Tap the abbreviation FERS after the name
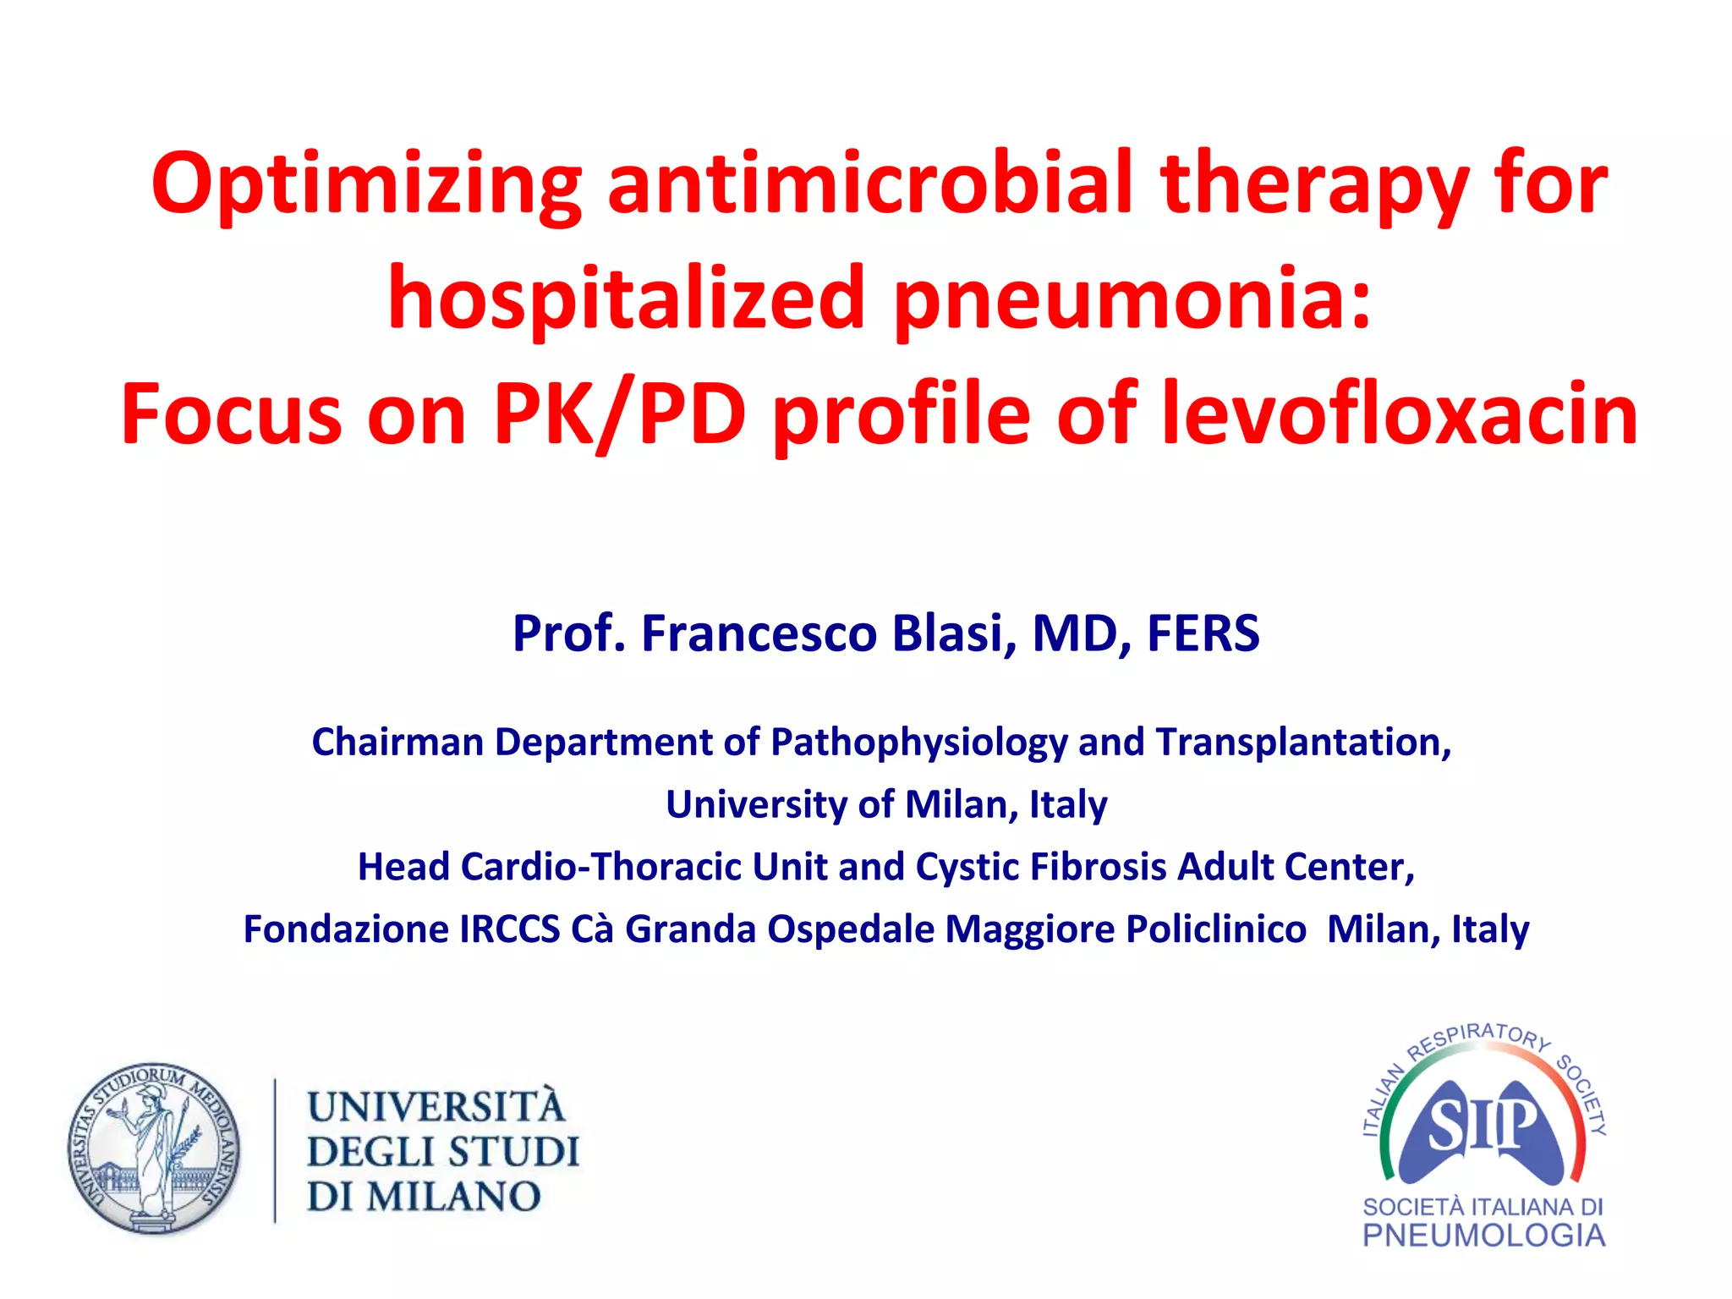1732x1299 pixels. (1203, 633)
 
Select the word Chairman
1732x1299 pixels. (397, 742)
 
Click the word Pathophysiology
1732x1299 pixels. (918, 743)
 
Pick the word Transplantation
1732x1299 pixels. (1303, 742)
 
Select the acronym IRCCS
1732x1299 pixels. (509, 929)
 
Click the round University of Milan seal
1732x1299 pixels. (154, 1149)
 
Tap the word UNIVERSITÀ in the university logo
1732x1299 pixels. (436, 1106)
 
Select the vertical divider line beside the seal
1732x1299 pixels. (275, 1150)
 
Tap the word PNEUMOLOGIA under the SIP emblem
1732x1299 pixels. (1483, 1236)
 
